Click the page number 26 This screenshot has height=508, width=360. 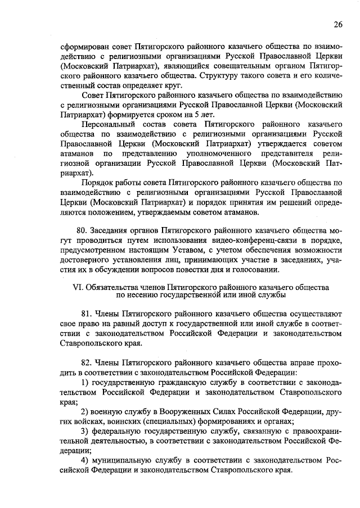point(337,24)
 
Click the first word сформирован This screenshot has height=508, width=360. point(85,47)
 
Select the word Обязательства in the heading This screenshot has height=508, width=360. point(115,286)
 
